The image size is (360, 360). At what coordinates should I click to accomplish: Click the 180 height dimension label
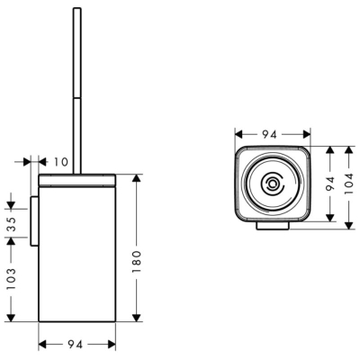click(x=137, y=262)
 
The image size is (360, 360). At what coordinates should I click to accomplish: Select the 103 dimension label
click(x=11, y=279)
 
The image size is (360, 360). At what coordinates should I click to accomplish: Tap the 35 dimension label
click(x=11, y=223)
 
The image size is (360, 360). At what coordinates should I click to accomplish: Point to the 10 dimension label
click(x=61, y=162)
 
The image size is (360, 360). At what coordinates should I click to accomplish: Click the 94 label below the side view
click(x=75, y=345)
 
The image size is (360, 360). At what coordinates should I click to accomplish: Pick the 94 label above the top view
click(x=269, y=135)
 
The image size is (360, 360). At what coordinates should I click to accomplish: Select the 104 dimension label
click(x=349, y=184)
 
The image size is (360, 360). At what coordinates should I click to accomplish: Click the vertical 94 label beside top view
click(x=330, y=184)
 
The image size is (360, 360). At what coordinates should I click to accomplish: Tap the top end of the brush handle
click(x=77, y=8)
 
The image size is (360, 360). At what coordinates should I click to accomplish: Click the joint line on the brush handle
click(x=77, y=97)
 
